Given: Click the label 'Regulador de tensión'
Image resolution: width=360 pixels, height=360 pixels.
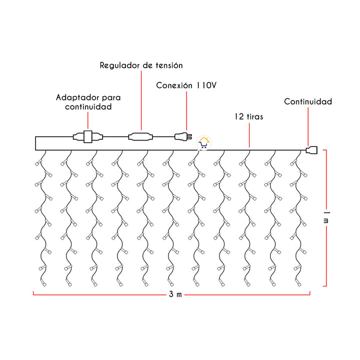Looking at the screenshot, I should click(x=141, y=65).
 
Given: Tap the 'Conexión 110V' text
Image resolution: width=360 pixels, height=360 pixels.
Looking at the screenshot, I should click(x=186, y=85).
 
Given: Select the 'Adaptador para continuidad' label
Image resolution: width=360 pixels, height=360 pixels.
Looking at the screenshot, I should click(x=87, y=101).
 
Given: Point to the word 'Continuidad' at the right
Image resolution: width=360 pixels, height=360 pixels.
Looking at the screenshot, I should click(x=308, y=101).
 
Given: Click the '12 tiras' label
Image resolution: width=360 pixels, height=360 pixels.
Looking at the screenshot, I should click(x=248, y=116).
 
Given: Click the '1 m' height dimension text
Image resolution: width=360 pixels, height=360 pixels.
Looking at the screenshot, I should click(x=326, y=218).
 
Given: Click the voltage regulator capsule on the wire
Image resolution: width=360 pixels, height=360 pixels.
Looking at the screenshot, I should click(x=141, y=135).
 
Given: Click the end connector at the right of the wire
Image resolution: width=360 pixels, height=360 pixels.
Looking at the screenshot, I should click(x=311, y=149).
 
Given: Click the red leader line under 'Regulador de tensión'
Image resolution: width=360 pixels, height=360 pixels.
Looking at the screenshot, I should click(x=141, y=100).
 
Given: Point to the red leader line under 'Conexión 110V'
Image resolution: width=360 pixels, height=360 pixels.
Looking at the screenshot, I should click(x=186, y=110).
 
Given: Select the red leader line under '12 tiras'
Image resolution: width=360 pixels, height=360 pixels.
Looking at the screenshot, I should click(x=249, y=135).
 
